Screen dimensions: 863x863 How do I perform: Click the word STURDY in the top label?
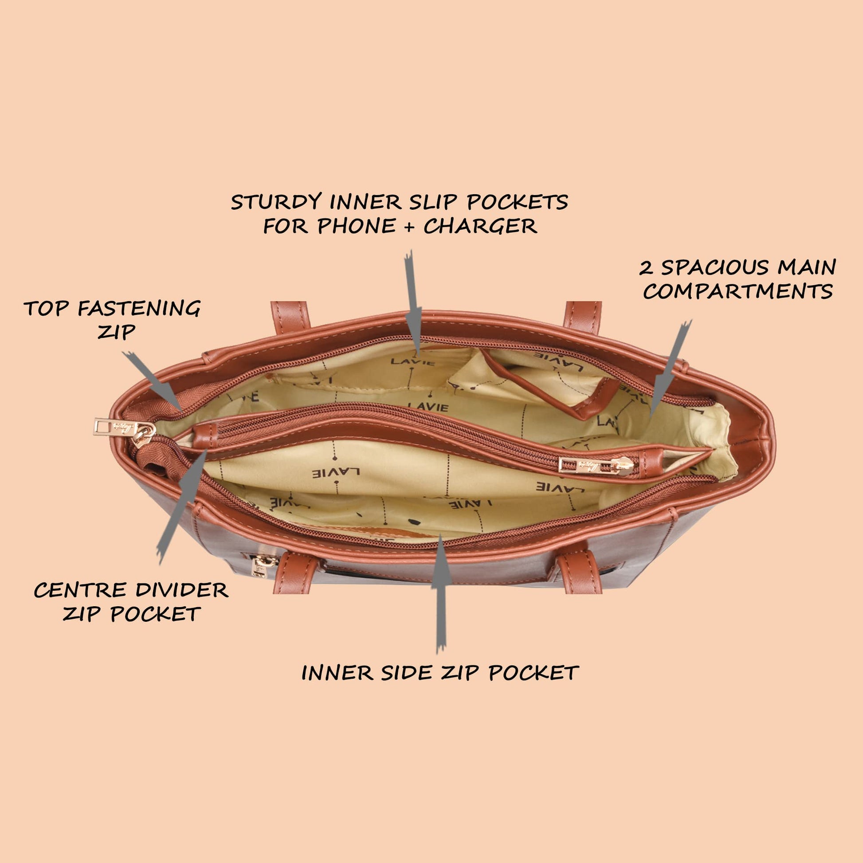coord(276,202)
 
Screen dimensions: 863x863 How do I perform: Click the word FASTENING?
coord(139,309)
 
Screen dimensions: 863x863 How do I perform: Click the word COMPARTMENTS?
coord(737,292)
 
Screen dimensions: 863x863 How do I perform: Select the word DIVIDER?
coord(182,591)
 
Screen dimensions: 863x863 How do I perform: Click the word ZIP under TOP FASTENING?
coord(116,332)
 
